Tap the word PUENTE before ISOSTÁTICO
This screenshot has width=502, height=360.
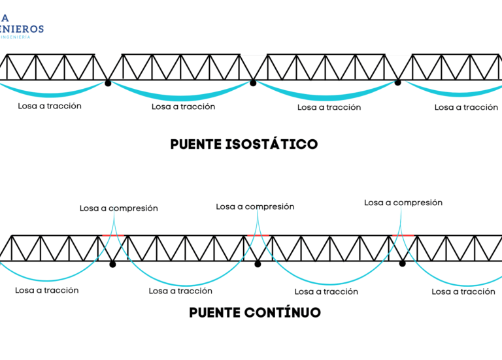pyautogui.click(x=194, y=144)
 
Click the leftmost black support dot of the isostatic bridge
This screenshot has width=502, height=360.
pyautogui.click(x=108, y=82)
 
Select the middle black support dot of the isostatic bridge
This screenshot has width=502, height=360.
pyautogui.click(x=253, y=82)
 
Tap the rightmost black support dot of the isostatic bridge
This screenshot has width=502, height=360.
pyautogui.click(x=397, y=82)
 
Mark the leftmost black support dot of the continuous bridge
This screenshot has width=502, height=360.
pyautogui.click(x=112, y=264)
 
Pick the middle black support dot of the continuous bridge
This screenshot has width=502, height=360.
pyautogui.click(x=258, y=264)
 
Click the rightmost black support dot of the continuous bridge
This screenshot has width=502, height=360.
pyautogui.click(x=402, y=263)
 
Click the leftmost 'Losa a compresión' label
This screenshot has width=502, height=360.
pyautogui.click(x=119, y=208)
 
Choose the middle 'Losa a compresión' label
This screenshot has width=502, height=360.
pyautogui.click(x=255, y=206)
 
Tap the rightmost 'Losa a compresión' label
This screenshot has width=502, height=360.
pyautogui.click(x=403, y=203)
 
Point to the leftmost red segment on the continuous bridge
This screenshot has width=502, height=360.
pyautogui.click(x=113, y=235)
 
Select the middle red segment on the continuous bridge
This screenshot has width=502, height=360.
pyautogui.click(x=258, y=235)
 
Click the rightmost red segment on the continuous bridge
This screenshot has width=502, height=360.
pyautogui.click(x=403, y=235)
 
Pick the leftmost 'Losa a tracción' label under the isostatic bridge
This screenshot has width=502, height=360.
pyautogui.click(x=50, y=106)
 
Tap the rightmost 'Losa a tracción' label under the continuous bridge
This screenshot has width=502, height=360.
pyautogui.click(x=463, y=292)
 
